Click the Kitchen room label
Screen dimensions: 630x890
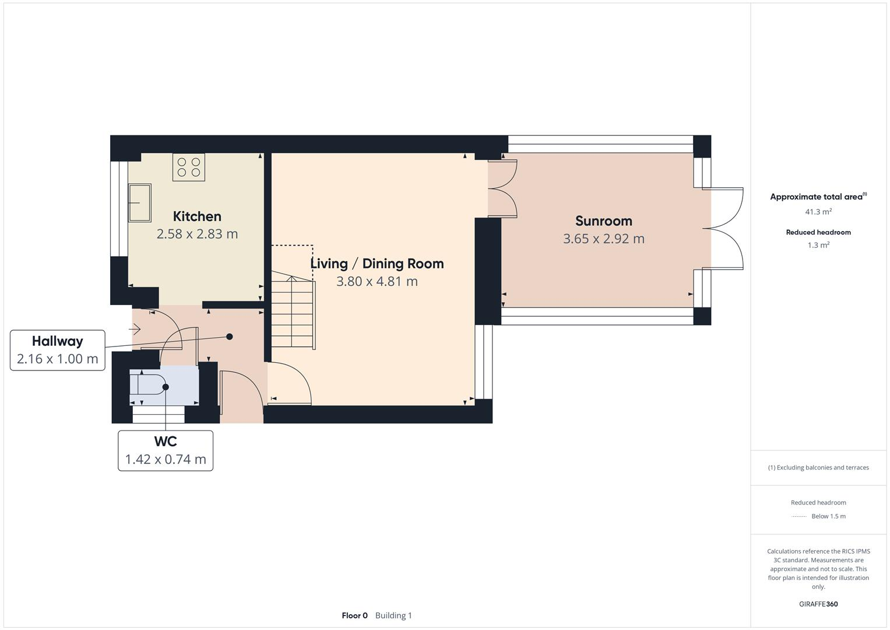(x=197, y=216)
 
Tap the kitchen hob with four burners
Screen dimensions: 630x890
(x=189, y=167)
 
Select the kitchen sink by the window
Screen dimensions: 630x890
(x=140, y=203)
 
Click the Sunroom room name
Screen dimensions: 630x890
(x=603, y=221)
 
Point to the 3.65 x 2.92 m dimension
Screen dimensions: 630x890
(x=603, y=239)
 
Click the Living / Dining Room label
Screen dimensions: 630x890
(x=377, y=264)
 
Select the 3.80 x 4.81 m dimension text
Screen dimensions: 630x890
(x=377, y=281)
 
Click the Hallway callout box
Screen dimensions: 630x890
(x=57, y=350)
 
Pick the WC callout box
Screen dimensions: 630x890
(x=166, y=450)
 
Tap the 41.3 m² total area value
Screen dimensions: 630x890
(x=818, y=212)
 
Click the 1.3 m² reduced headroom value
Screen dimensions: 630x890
(x=818, y=245)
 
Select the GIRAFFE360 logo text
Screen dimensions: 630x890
(x=818, y=604)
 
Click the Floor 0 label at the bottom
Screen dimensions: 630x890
(x=354, y=615)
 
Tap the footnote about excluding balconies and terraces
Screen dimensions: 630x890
(x=818, y=467)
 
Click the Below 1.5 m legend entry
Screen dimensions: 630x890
(x=828, y=516)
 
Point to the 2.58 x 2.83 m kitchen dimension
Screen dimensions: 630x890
(x=197, y=234)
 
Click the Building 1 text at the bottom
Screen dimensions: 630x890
(x=393, y=615)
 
